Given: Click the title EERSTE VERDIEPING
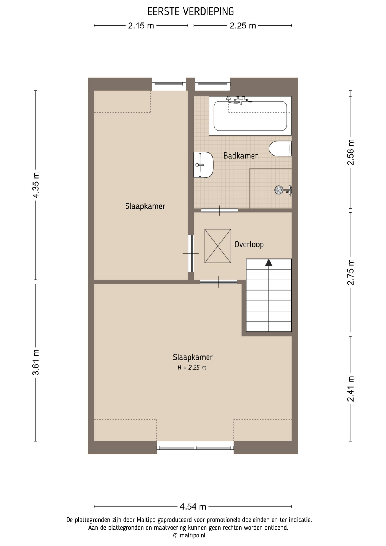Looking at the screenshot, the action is (x=191, y=12).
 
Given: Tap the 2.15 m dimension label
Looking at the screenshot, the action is (x=141, y=26).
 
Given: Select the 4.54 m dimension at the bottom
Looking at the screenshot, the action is (x=193, y=506).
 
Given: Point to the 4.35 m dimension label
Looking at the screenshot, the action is (x=36, y=185).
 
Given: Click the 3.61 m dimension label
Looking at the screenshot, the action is (x=36, y=362).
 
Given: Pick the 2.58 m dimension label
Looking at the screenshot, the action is (x=351, y=152).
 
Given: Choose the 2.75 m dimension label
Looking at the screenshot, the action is (x=351, y=272).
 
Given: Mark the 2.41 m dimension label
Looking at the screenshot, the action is (x=351, y=389).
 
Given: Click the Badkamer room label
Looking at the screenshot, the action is (x=240, y=156).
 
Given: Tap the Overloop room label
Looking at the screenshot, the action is (x=249, y=244).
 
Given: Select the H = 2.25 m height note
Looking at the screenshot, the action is (x=192, y=368).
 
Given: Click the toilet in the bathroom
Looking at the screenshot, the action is (x=280, y=148).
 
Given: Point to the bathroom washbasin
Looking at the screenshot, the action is (x=203, y=165).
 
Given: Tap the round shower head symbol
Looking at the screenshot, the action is (x=279, y=190).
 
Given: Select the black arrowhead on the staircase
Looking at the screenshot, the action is (x=269, y=263).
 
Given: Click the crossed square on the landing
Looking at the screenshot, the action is (x=218, y=246).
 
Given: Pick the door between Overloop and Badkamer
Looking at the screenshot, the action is (x=219, y=210).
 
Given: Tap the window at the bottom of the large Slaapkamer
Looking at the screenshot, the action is (x=195, y=448).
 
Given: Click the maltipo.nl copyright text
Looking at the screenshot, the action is (x=189, y=535).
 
